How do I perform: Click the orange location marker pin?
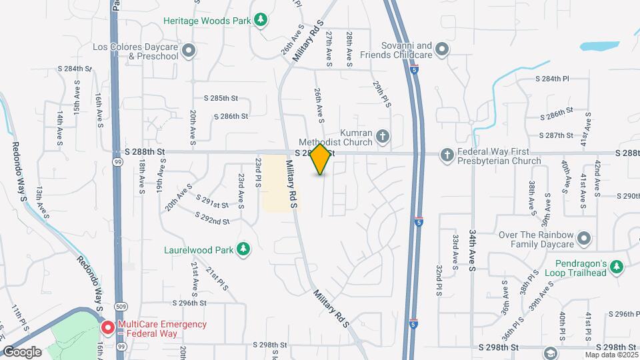pos(321,159)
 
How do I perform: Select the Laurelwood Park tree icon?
pos(243,249)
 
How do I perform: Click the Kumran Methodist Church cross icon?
pos(383,137)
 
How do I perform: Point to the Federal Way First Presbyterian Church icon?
pos(447,155)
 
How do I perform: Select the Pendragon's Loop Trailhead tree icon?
pos(618,267)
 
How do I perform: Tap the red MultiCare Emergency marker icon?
pos(107,328)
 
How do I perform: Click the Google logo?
pos(22,351)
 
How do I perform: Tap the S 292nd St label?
pos(212,217)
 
